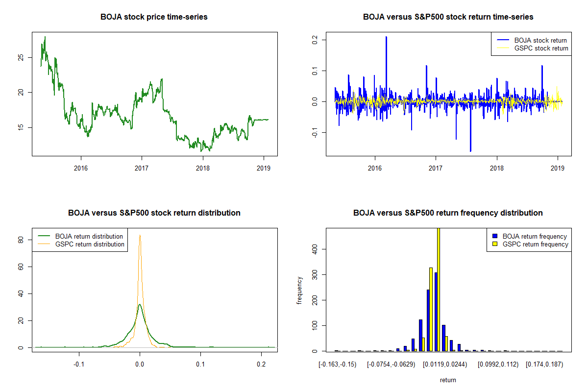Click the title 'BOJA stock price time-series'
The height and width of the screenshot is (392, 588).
point(154,17)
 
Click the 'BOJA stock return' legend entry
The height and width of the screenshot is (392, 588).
point(540,40)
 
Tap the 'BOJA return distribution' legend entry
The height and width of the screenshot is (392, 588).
point(89,236)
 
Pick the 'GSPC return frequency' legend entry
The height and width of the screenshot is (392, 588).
point(536,244)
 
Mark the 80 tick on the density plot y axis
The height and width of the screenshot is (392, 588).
point(21,240)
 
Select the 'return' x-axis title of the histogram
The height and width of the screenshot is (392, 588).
point(448,380)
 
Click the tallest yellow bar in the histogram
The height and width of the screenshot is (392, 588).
point(438,289)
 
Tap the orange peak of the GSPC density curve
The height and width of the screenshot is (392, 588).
point(140,236)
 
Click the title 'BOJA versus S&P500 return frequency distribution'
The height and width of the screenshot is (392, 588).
point(448,213)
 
